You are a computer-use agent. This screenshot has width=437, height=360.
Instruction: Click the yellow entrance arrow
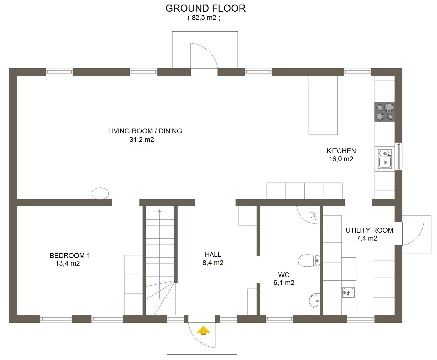[x=203, y=330]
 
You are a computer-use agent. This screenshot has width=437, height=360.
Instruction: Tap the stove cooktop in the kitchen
[x=384, y=112]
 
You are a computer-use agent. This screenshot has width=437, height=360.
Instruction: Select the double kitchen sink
[x=385, y=159]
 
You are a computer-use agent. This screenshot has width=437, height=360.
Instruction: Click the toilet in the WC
[x=309, y=261]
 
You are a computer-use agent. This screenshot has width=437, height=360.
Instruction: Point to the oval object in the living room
[x=100, y=193]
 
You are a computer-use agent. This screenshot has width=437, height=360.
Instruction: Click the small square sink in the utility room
[x=348, y=292]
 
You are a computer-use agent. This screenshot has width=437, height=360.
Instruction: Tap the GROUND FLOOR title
[x=205, y=9]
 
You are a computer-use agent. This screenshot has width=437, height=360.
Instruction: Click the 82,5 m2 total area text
[x=204, y=18]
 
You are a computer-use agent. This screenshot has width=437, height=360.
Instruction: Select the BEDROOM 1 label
[x=70, y=255]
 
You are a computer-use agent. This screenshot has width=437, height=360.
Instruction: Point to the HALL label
[x=213, y=255]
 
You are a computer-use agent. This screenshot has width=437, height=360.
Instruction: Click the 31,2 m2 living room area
[x=142, y=140]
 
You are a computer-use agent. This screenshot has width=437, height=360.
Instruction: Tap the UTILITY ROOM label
[x=369, y=230]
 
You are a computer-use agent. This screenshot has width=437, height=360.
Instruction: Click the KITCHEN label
[x=341, y=151]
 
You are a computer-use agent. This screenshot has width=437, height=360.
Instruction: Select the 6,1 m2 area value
[x=284, y=283]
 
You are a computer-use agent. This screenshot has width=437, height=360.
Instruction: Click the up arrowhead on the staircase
[x=159, y=211]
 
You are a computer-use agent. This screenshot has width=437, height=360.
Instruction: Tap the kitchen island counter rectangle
[x=323, y=105]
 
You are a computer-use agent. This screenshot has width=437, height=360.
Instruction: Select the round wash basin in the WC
[x=314, y=301]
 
